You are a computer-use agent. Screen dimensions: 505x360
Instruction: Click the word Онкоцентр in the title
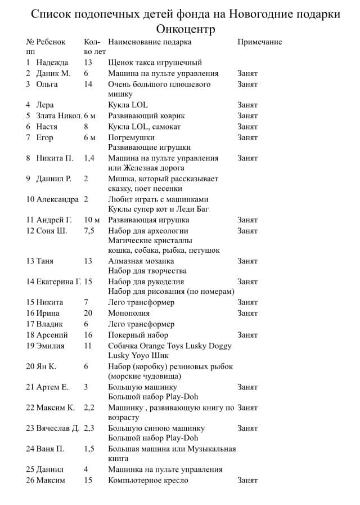pos(186,28)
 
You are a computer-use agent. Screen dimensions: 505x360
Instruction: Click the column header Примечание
pos(259,42)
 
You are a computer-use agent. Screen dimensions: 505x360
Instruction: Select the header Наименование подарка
pos(150,42)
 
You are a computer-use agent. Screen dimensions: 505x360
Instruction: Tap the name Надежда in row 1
pos(52,62)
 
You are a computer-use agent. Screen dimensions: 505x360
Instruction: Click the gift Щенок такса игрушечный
pos(155,62)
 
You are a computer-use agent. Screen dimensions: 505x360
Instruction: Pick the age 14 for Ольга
pos(88,84)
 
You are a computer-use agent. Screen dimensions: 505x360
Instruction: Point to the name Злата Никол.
pos(59,115)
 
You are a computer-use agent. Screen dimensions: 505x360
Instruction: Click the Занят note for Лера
pos(247,105)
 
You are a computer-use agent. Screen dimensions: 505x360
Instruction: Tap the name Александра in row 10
pos(57,199)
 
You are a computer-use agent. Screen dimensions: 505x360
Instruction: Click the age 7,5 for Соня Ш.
pos(89,231)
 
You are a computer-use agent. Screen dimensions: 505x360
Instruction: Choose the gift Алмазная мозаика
pos(141,261)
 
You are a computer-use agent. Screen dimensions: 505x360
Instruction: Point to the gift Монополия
pos(129,313)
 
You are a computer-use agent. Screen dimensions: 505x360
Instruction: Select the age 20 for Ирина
pos(88,313)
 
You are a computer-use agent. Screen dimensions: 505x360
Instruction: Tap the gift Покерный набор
pos(138,334)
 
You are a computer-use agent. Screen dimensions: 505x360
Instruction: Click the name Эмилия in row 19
pos(50,346)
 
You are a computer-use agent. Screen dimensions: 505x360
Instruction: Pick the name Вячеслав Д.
pos(58,428)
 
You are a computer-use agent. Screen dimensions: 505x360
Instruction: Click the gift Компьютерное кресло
pos(148,480)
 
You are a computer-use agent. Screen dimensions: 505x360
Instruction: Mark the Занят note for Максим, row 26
pos(247,480)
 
